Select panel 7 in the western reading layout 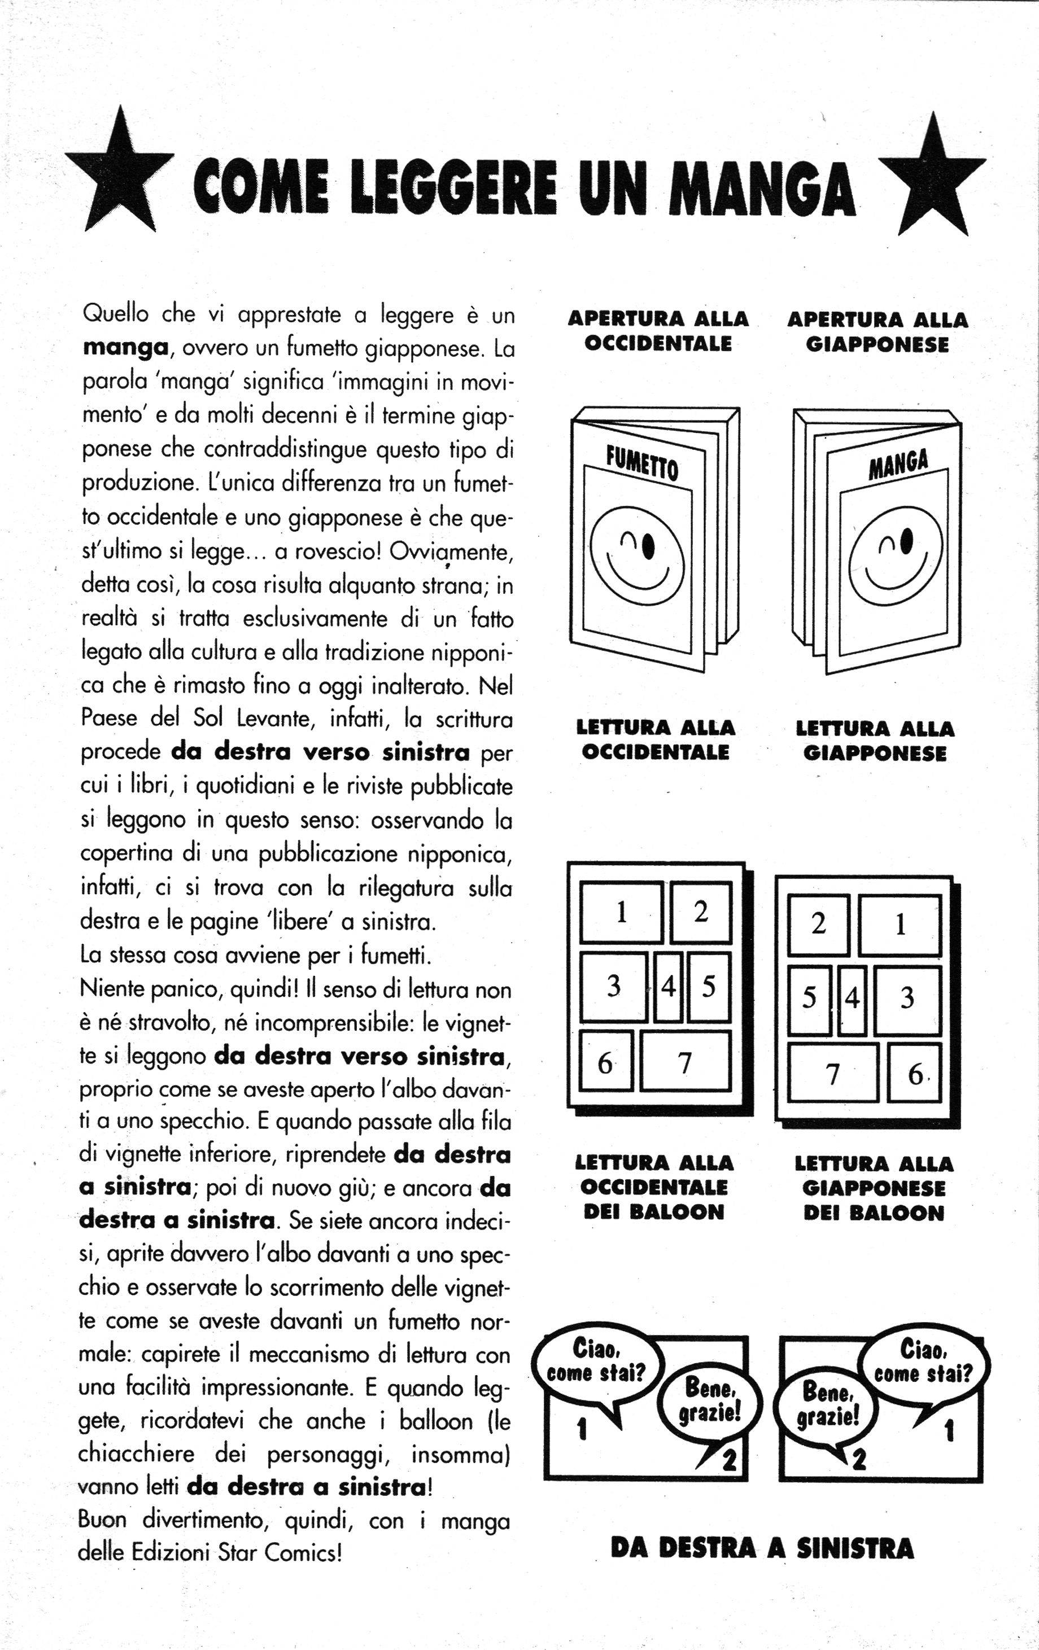coord(685,1061)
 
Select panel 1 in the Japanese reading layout coord(900,925)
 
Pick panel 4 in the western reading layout coord(668,987)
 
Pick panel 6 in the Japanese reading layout coord(914,1074)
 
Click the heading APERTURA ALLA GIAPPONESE coord(878,332)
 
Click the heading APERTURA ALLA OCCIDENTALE coord(658,331)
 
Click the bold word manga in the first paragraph coord(125,348)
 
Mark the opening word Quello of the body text coord(115,314)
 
